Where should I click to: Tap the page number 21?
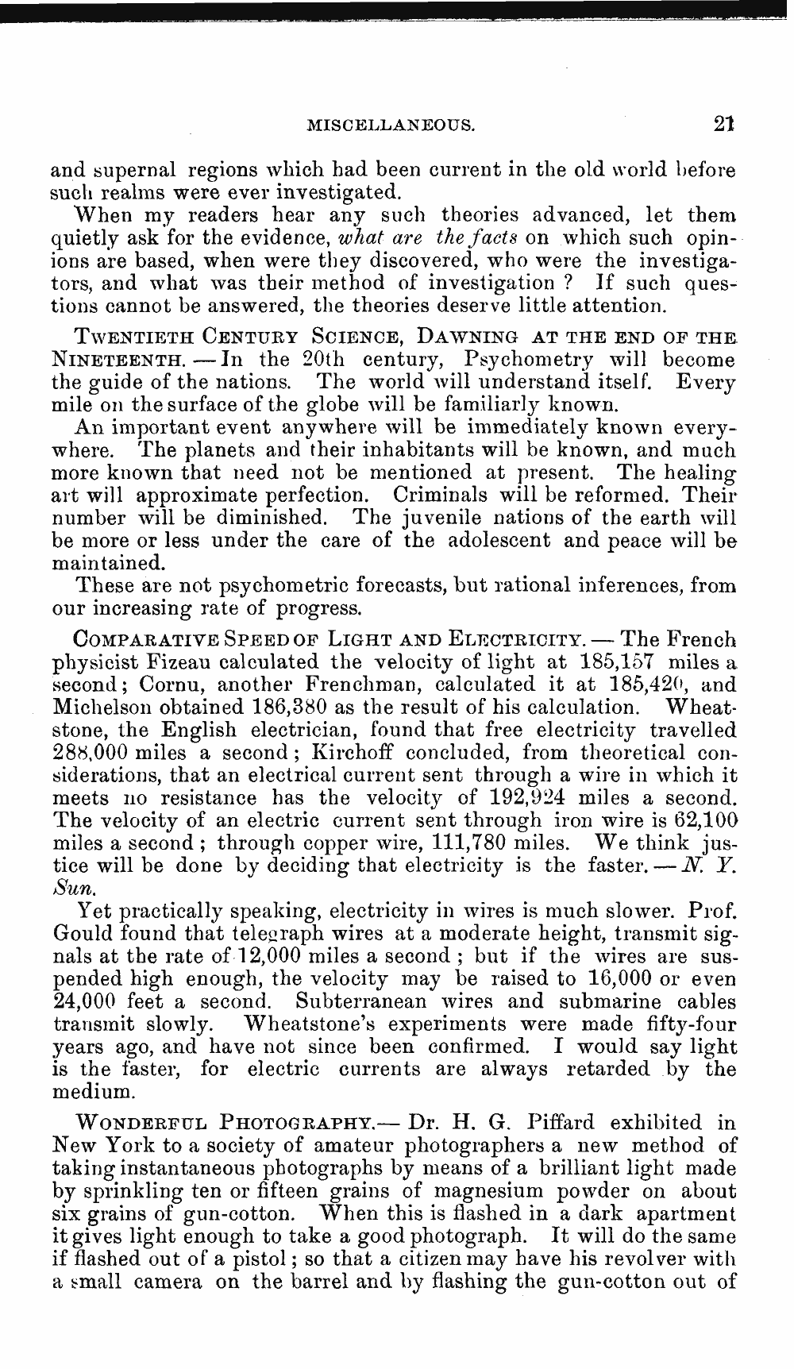[723, 123]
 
